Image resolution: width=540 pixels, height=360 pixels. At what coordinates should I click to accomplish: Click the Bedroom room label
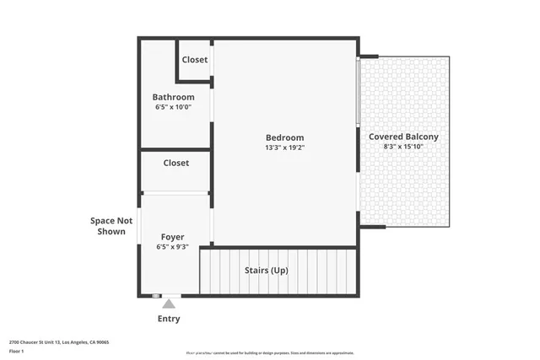tap(284, 137)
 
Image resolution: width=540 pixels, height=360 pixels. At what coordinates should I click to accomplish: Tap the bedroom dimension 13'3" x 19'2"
tap(284, 148)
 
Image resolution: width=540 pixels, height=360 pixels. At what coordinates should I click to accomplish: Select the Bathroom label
tap(173, 97)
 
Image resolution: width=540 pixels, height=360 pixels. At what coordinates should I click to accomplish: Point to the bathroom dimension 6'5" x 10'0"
tap(173, 108)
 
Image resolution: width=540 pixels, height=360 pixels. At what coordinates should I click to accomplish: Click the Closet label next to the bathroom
tap(195, 60)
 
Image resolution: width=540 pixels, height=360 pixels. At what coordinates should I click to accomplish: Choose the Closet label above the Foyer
tap(175, 163)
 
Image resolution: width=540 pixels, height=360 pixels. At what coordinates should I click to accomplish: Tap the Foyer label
tap(172, 237)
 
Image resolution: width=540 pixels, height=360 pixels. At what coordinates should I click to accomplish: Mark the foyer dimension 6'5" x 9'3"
tap(172, 247)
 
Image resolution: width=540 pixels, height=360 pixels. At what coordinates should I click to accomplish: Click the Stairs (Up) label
tap(266, 271)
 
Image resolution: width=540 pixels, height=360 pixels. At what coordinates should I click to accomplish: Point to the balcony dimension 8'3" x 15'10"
tap(403, 147)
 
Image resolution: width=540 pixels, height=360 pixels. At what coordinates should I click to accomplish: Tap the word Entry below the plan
tap(169, 319)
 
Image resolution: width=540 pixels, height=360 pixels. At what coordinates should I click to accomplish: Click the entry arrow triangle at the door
tap(169, 303)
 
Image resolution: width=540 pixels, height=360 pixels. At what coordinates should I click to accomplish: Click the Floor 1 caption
tap(16, 351)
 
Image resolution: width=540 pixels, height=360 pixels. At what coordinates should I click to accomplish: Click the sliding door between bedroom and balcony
tap(359, 93)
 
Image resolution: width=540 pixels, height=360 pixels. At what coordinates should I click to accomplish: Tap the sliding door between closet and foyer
tap(175, 193)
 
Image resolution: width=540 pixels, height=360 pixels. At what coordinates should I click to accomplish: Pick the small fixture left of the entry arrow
tap(156, 296)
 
